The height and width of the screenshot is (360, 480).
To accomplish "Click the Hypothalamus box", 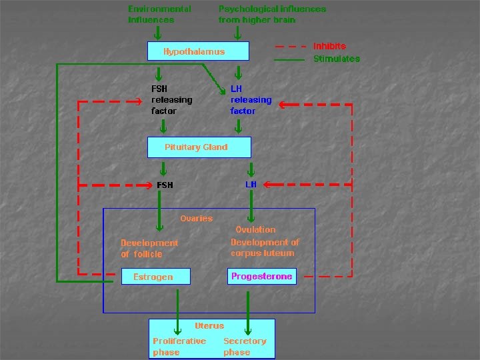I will [197, 51].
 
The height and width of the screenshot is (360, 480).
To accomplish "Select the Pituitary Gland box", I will [199, 147].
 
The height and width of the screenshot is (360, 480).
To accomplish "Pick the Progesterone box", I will [262, 276].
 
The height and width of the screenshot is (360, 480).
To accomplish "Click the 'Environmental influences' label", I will [159, 14].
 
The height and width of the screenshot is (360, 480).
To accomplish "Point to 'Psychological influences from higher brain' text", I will [272, 14].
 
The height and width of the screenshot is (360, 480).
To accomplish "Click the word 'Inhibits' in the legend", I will [329, 46].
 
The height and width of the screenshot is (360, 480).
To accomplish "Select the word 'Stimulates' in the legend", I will [337, 59].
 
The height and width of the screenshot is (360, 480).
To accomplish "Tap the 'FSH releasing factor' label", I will [171, 99].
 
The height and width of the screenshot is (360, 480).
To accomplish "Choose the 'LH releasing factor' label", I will [251, 99].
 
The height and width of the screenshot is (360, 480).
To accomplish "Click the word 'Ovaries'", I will [196, 218].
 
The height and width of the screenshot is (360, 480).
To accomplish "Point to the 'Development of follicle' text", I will [149, 248].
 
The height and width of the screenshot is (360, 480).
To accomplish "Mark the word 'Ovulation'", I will [255, 229].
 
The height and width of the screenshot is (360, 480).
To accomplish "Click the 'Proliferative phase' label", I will [179, 346].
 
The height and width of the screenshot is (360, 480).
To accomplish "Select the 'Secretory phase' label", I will [245, 346].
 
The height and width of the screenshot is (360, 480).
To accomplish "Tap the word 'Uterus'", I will [209, 325].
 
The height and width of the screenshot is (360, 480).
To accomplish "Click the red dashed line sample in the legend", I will [291, 47].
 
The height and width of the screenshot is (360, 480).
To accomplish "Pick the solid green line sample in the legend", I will [291, 59].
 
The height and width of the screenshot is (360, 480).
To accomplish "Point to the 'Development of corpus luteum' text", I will [265, 247].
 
